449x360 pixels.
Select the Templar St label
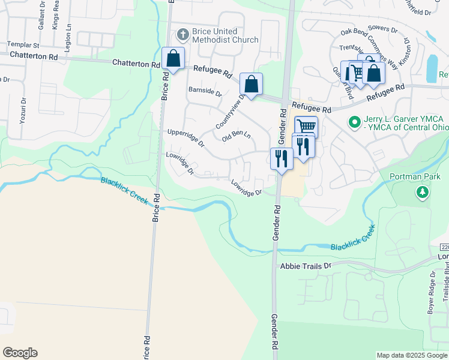point(23,45)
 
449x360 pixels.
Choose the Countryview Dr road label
point(231,112)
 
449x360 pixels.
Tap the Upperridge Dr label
point(185,138)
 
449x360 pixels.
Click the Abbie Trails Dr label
point(306,265)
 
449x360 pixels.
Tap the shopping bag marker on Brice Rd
point(173,59)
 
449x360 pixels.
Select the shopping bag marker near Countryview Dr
point(251,84)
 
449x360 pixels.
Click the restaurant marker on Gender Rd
point(280,158)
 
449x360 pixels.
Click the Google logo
point(20,353)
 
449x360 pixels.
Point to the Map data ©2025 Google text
point(412,355)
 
